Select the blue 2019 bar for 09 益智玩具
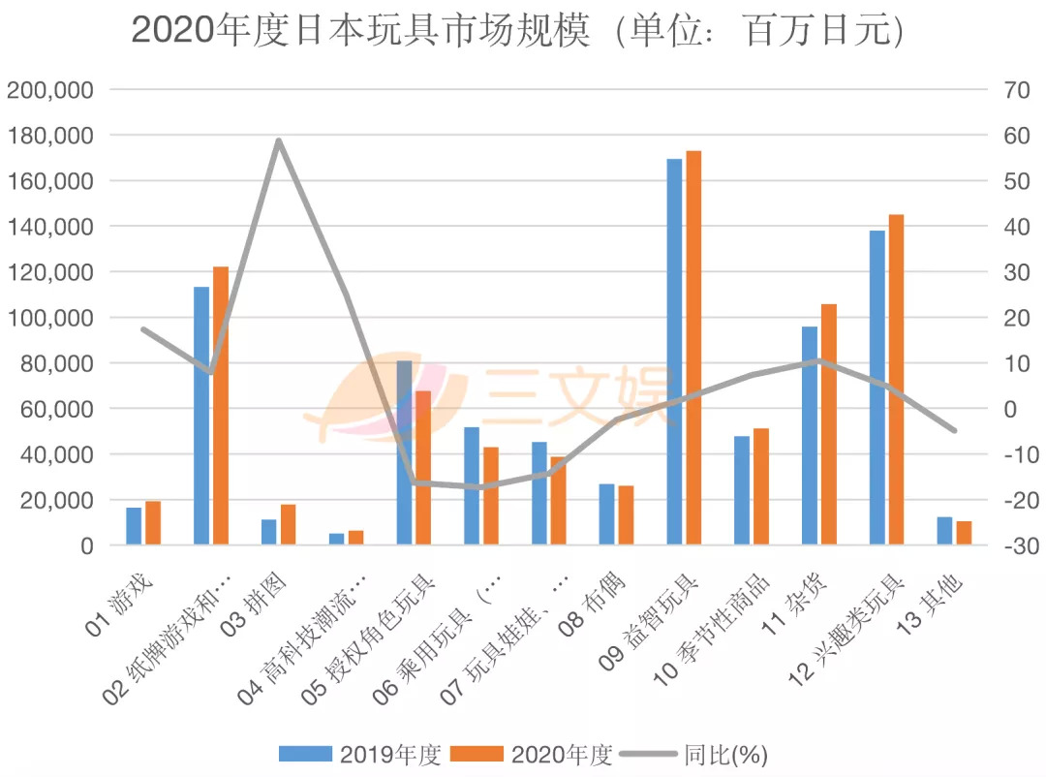[674, 353]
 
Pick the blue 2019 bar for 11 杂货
[810, 436]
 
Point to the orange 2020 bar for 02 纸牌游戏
[221, 406]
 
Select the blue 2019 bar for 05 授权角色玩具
[404, 453]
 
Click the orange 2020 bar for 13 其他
[964, 534]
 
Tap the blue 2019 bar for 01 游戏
[134, 526]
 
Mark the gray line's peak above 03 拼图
[279, 140]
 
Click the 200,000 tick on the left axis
[50, 90]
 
